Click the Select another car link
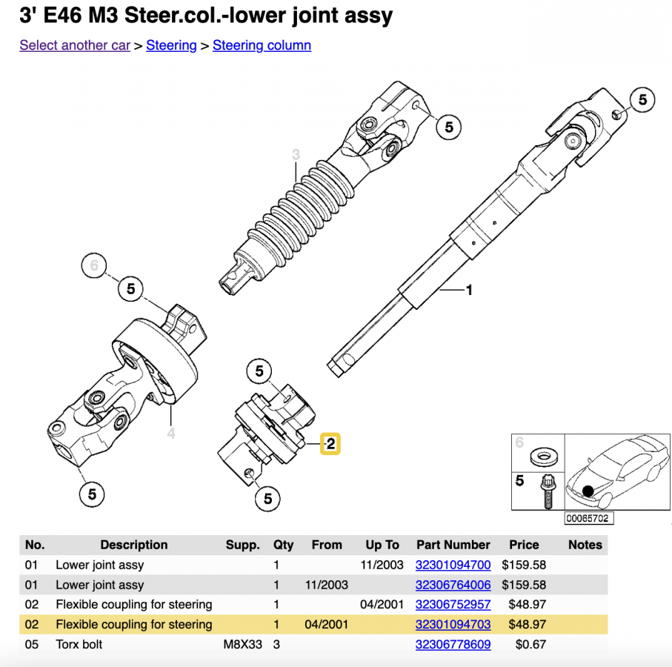click(75, 45)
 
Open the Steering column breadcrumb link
click(262, 45)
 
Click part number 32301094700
click(453, 565)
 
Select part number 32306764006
click(453, 585)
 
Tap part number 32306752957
click(453, 605)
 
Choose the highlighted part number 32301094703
click(453, 625)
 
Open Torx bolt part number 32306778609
click(453, 645)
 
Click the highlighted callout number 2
click(330, 444)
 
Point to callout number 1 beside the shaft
click(468, 290)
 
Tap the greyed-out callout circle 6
click(94, 265)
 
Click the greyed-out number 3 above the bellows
click(296, 155)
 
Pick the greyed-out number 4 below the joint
click(171, 433)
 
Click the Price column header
click(524, 545)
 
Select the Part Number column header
click(453, 545)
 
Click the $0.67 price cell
click(530, 645)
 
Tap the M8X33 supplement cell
click(243, 645)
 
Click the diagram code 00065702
click(588, 519)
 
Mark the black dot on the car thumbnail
click(588, 491)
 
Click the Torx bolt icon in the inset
click(548, 490)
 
